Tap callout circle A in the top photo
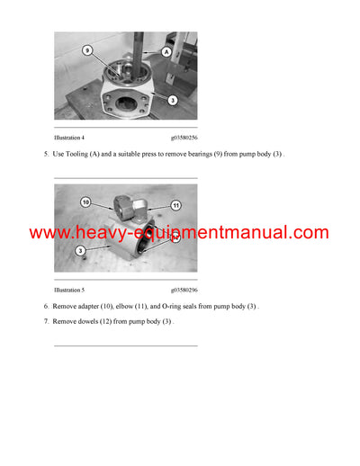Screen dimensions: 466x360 tap(166, 53)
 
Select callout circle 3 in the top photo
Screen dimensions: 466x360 tap(173, 101)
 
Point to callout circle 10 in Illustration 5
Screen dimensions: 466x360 tap(85, 202)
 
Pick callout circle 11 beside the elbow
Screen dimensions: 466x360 tap(176, 206)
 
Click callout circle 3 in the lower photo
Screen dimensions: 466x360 tap(81, 249)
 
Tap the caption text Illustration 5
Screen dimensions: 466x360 tap(69, 290)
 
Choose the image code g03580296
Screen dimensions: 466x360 tap(180, 290)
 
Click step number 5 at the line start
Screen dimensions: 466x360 tap(46, 155)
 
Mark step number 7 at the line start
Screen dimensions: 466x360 tap(46, 321)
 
